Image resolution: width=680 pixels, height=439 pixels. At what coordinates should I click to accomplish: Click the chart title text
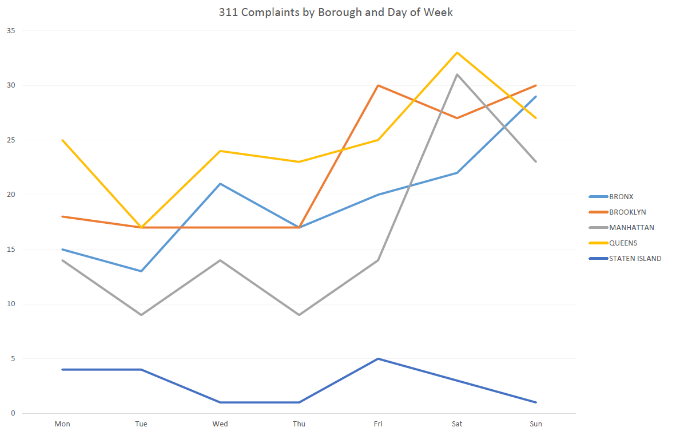coord(336,12)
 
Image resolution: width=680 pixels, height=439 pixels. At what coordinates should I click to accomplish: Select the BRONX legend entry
coord(621,196)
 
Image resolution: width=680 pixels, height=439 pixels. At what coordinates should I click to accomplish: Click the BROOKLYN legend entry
coord(627,212)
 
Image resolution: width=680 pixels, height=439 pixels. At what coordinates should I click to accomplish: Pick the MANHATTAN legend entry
coord(631,227)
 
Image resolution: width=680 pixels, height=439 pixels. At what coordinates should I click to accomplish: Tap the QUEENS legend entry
coord(623,243)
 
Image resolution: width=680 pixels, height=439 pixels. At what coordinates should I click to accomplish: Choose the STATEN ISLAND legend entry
coord(635,258)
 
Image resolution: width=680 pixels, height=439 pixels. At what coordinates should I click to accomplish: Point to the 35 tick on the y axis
coord(10,31)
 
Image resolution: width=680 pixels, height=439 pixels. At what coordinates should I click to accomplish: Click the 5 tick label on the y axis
coord(13,359)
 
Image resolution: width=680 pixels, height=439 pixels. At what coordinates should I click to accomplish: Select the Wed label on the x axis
coord(220,424)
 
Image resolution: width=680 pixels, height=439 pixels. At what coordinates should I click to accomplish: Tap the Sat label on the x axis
coord(457,424)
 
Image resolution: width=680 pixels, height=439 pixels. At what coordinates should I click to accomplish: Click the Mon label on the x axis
coord(62,424)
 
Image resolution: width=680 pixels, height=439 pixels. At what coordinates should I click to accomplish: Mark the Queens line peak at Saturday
coord(457,53)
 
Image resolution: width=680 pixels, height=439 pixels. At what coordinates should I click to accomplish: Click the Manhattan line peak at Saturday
coord(457,74)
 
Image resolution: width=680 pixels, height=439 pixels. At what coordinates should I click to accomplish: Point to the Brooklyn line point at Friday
coord(378,85)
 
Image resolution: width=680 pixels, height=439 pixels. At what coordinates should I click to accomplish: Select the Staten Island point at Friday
coord(378,359)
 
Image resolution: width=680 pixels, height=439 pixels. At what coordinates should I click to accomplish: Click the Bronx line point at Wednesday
coord(220,184)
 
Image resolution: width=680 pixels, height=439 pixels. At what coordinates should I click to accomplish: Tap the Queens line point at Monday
coord(62,140)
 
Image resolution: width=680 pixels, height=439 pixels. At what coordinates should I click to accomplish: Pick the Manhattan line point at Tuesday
coord(141,315)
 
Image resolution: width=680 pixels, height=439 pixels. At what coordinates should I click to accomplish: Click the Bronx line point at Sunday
coord(536,97)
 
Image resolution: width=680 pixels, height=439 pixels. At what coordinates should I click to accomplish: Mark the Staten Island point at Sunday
coord(536,402)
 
